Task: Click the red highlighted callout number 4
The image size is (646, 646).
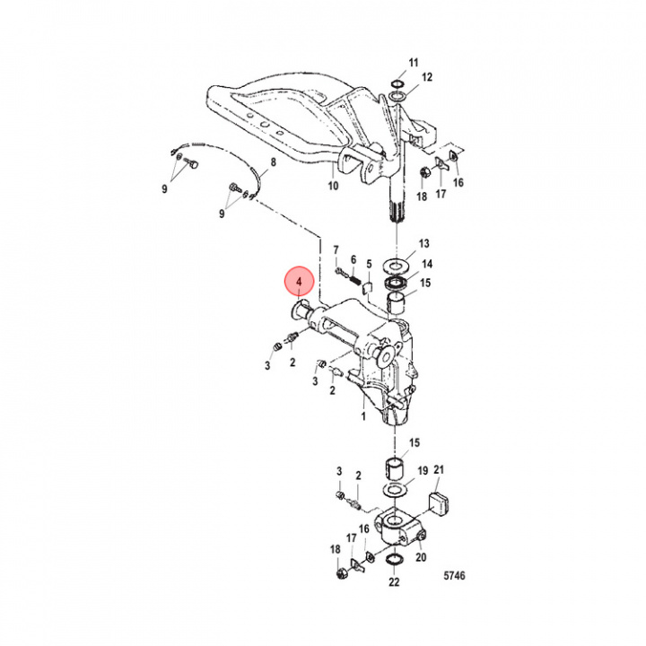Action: (300, 283)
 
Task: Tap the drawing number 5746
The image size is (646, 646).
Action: (454, 575)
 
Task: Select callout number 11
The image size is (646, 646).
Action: (414, 63)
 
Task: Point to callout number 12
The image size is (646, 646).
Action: (427, 77)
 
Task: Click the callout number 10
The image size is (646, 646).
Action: (333, 186)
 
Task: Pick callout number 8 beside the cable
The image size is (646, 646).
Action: (274, 162)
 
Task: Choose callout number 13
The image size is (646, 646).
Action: (423, 243)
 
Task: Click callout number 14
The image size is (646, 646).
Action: (427, 264)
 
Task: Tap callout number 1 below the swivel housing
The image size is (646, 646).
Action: (363, 416)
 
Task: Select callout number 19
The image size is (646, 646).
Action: (423, 470)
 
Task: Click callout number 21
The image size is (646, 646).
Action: (439, 469)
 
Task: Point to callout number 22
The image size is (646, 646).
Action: (394, 581)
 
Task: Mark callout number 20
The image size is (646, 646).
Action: (421, 557)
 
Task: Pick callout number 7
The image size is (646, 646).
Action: (336, 250)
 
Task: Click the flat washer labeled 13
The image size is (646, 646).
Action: (396, 265)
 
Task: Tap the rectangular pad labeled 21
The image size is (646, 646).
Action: (439, 504)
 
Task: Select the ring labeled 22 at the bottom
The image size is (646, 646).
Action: (394, 560)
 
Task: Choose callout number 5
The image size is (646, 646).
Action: (369, 264)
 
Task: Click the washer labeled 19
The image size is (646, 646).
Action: (396, 490)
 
